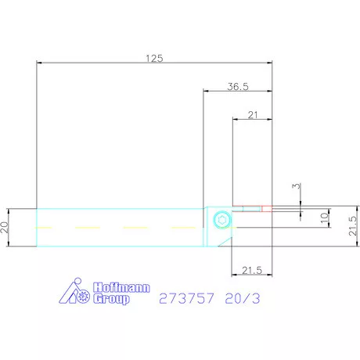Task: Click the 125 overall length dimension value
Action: click(154, 58)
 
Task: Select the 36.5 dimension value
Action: click(238, 86)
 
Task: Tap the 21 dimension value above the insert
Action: click(253, 115)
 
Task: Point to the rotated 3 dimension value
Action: click(297, 186)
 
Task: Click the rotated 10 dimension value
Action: click(324, 218)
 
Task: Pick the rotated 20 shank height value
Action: click(4, 227)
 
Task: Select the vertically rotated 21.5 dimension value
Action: click(353, 226)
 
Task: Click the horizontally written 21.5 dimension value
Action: click(252, 270)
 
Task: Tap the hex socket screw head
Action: click(222, 220)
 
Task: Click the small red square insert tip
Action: click(267, 209)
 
